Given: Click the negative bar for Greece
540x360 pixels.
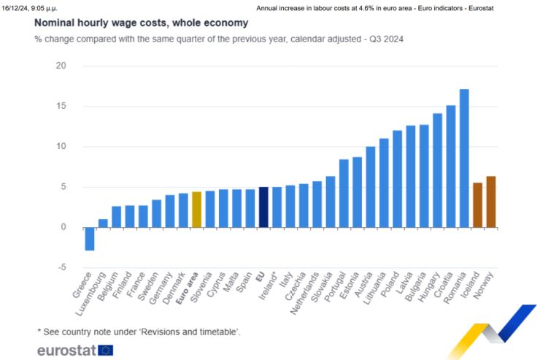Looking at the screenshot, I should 90,239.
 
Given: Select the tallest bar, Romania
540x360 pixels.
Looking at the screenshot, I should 464,158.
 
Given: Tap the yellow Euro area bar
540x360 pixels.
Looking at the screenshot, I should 196,210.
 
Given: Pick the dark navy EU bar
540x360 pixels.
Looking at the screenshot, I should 263,207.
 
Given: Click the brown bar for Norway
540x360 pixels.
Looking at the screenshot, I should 491,202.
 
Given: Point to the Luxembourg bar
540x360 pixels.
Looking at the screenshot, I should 103,223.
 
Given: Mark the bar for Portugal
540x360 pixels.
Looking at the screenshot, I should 344,194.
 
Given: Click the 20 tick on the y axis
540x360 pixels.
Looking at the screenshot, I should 61,66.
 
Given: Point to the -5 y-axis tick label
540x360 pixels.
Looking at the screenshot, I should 61,267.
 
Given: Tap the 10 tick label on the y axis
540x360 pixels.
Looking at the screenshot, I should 61,147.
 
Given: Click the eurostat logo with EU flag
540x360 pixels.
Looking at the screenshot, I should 75,350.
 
